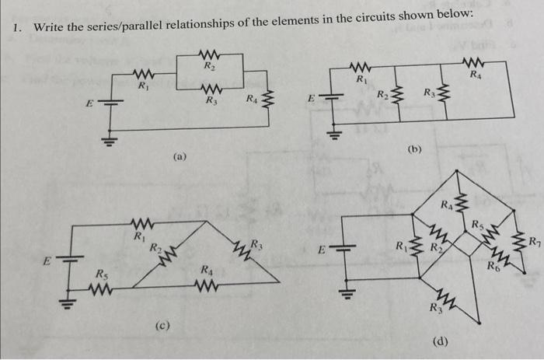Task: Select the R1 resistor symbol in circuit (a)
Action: (x=141, y=75)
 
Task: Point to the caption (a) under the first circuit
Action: (x=180, y=156)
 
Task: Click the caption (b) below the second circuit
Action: (x=414, y=149)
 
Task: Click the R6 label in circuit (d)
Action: (x=494, y=265)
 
